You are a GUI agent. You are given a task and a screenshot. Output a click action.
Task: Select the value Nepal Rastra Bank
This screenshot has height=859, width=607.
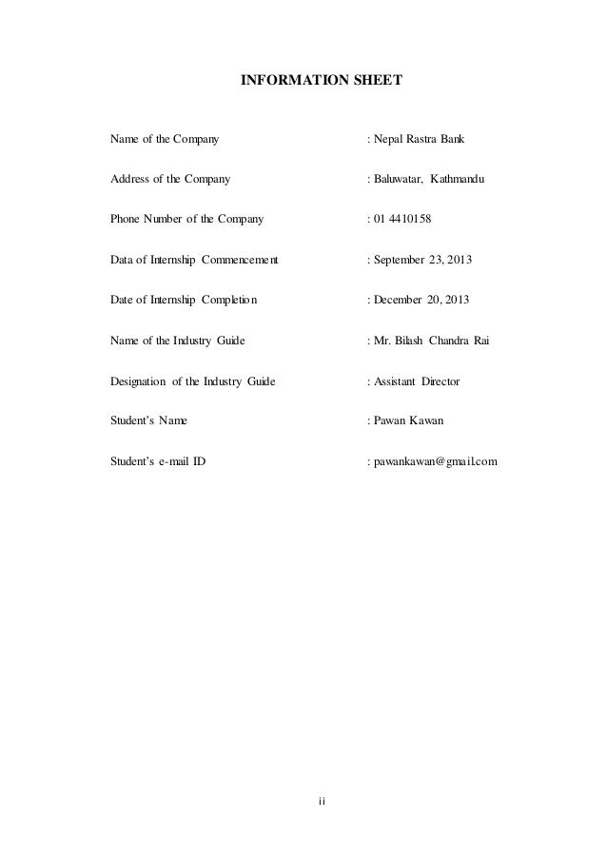[418, 140]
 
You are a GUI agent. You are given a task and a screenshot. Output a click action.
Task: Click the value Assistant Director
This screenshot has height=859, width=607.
[416, 381]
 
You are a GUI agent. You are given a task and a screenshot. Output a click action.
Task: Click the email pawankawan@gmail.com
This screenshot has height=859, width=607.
[435, 463]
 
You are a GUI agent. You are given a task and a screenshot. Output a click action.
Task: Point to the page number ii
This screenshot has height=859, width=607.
[322, 800]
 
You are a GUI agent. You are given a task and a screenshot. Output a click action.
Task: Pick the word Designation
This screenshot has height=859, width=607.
[138, 381]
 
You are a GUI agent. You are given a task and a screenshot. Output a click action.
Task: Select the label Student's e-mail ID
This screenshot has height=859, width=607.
[158, 463]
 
